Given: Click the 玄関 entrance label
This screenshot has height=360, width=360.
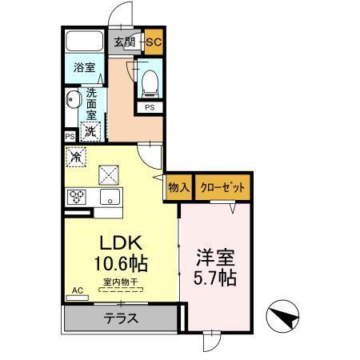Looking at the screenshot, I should click(124, 42).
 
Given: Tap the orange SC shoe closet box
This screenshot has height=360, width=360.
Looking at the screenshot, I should click(154, 42).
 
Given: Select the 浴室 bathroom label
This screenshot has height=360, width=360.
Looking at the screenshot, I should click(85, 67).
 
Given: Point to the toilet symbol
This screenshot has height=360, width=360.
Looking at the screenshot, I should click(150, 79).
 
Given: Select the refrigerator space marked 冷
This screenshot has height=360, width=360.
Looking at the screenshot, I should click(77, 158).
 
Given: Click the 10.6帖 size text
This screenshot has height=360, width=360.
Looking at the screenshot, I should click(122, 263).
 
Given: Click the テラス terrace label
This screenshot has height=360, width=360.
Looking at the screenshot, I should click(121, 318).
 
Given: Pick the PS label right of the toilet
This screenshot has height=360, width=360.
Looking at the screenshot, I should click(150, 106).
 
